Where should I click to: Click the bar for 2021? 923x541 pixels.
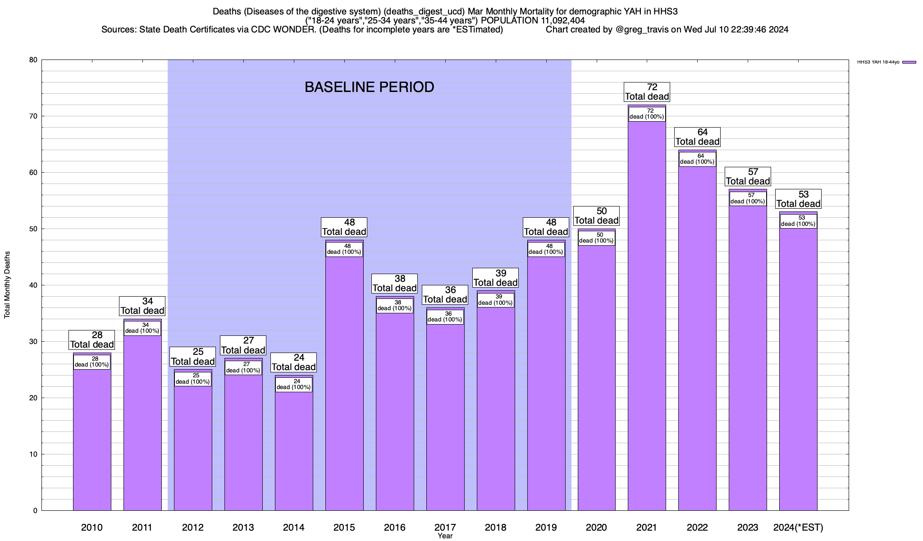[647, 316]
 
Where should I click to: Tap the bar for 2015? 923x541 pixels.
[344, 383]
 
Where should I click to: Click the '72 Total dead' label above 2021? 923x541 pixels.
[647, 92]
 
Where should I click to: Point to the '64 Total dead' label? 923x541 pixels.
[697, 137]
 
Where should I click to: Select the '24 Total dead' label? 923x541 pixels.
[294, 362]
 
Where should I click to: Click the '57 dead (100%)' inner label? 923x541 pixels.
[748, 198]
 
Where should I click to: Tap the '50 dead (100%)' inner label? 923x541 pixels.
[596, 238]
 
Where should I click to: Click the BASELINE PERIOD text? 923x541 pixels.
[369, 87]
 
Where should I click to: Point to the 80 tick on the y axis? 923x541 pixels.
[34, 60]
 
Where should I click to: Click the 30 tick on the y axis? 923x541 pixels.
[34, 342]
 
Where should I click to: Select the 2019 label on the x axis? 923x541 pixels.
[546, 527]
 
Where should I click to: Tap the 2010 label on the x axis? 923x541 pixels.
[92, 527]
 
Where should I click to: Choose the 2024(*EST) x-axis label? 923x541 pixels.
[798, 527]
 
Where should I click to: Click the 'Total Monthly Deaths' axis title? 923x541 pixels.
[7, 285]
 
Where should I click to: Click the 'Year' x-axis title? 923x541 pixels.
[445, 536]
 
